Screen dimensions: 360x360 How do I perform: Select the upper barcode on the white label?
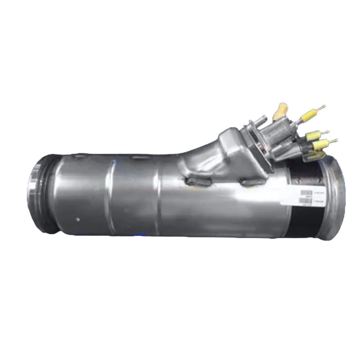tap(306, 193)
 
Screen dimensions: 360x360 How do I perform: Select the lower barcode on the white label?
tap(305, 201)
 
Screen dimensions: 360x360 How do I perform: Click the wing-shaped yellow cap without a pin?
tap(281, 111)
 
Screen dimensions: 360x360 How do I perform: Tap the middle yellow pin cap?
tap(314, 135)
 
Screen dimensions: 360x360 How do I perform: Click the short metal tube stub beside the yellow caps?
tap(260, 120)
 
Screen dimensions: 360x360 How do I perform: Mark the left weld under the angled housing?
tap(197, 181)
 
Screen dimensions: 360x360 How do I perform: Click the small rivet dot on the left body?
tap(77, 218)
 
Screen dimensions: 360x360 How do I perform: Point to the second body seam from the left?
tap(159, 195)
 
